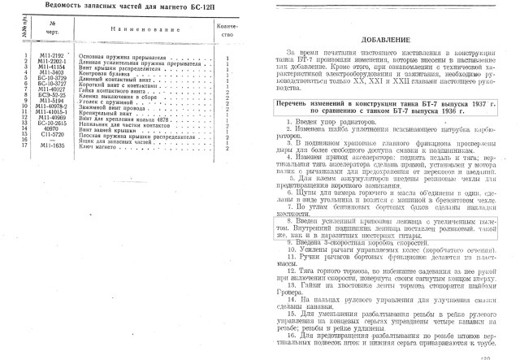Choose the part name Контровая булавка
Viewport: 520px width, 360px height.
pos(101,76)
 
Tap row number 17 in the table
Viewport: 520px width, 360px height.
pos(16,148)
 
